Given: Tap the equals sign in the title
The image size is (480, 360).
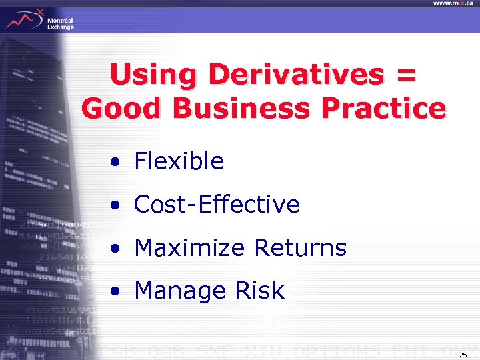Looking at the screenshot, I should (406, 76).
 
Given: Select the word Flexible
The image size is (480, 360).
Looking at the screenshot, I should (179, 161).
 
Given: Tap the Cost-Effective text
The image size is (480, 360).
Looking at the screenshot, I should (217, 205).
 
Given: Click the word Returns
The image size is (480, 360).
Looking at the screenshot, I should (300, 248).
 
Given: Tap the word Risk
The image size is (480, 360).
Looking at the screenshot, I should (260, 291).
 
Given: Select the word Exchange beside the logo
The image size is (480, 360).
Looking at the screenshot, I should (61, 27).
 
